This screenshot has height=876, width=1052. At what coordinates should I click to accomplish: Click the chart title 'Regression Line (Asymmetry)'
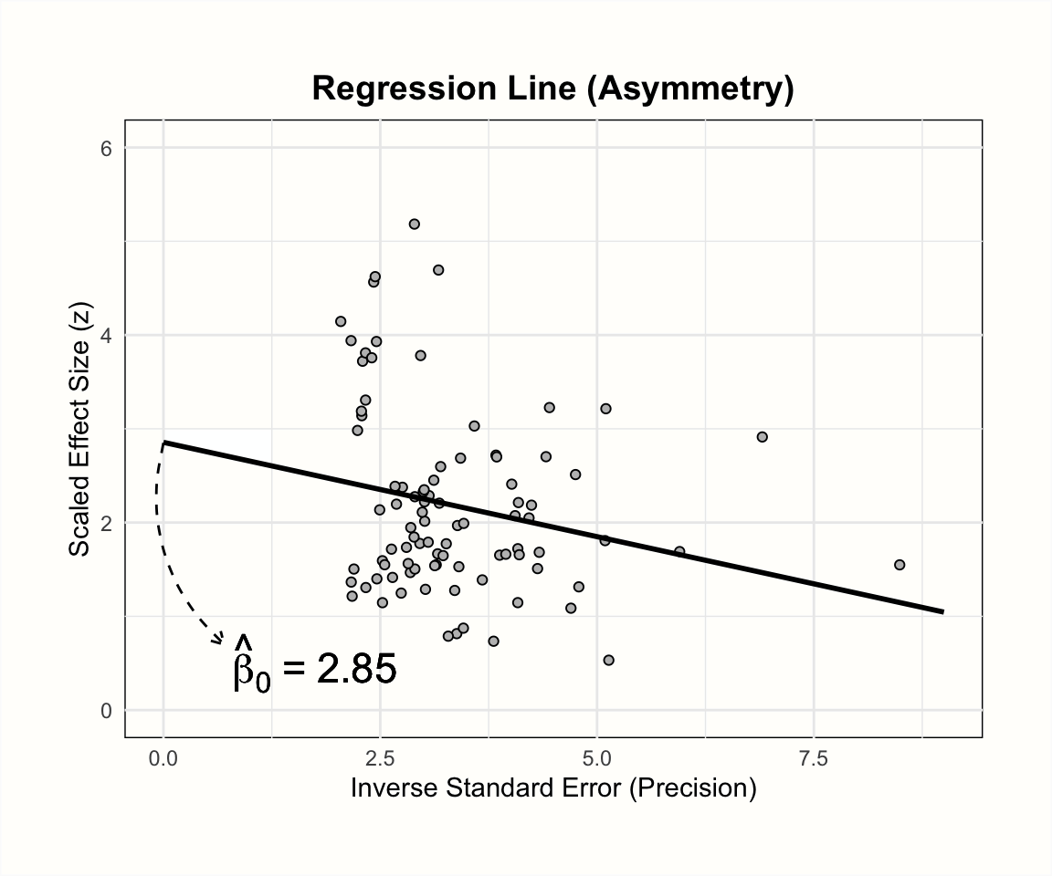click(x=552, y=89)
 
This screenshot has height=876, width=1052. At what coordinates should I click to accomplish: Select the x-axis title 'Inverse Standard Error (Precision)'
click(x=553, y=787)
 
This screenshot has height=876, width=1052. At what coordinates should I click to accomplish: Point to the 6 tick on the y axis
click(x=105, y=148)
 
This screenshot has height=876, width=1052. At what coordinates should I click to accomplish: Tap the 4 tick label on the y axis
click(x=105, y=335)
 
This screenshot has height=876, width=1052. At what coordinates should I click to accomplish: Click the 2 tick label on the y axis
click(x=105, y=523)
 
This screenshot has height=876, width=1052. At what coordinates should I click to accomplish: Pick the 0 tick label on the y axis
click(x=105, y=710)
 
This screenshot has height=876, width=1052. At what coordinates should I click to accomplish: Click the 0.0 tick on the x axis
click(x=163, y=758)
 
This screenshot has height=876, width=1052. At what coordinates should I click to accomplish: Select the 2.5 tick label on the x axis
click(x=380, y=758)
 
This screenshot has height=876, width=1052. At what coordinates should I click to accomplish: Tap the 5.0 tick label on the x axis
click(x=596, y=758)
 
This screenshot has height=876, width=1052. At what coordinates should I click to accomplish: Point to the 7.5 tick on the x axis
click(x=813, y=758)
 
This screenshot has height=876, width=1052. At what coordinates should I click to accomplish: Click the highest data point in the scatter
click(x=414, y=224)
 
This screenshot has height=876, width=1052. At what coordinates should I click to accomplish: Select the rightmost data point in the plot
click(x=899, y=565)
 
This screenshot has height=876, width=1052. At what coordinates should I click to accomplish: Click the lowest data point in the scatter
click(x=609, y=660)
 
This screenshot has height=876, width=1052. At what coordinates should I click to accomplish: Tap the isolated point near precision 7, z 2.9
click(x=763, y=437)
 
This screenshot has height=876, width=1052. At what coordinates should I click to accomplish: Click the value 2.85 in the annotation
click(x=356, y=671)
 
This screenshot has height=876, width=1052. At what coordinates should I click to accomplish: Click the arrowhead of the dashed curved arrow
click(x=220, y=640)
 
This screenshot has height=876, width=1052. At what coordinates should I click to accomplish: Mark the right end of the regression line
click(x=942, y=611)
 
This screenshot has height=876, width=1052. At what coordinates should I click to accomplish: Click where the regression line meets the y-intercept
click(x=163, y=443)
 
